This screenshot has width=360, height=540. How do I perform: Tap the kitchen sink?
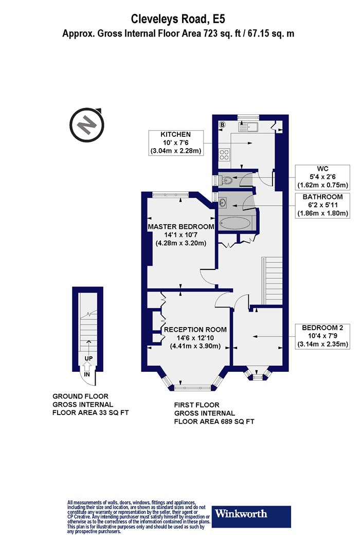[x=248, y=127]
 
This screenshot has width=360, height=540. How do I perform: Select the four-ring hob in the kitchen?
[x=224, y=154]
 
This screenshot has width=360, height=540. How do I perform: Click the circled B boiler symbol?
[x=222, y=125]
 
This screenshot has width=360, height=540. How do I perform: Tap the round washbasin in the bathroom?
[x=222, y=203]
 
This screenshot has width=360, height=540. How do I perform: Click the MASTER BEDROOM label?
[x=181, y=227]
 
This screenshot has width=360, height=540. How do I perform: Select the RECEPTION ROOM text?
[x=195, y=330]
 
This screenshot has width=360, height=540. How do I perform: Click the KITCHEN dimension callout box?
[x=176, y=142]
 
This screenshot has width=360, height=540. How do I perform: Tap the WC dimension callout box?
[x=323, y=177]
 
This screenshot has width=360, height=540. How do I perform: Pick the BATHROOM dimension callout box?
[x=323, y=205]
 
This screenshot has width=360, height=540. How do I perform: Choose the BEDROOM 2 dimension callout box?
[x=323, y=336]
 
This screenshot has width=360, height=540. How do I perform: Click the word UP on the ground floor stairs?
[x=88, y=358]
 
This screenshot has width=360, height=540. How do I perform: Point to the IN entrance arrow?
[x=87, y=371]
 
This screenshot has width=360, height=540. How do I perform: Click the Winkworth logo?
[x=251, y=516]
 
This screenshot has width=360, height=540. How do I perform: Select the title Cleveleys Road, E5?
[x=178, y=19]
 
